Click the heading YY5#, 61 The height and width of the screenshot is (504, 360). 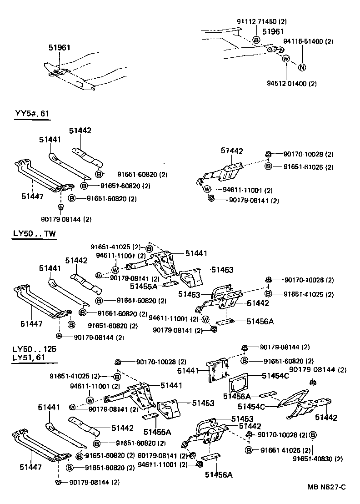coord(31,114)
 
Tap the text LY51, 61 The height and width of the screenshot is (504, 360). coord(29,358)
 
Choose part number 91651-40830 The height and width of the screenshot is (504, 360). coord(320,459)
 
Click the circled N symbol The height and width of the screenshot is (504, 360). coord(302,68)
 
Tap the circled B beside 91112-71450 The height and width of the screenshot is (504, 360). coord(256,40)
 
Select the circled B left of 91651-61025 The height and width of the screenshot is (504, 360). coord(268,167)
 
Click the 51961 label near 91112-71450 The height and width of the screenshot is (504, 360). coord(273,31)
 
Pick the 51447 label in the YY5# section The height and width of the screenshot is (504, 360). coord(32,196)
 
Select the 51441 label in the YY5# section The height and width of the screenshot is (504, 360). coord(50,140)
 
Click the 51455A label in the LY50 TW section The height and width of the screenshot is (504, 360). coord(144,286)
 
